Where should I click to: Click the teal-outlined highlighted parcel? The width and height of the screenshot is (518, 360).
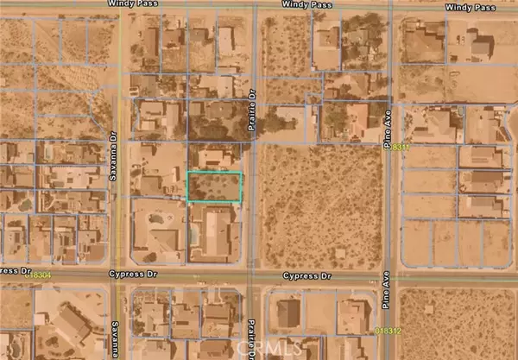(x=215, y=187)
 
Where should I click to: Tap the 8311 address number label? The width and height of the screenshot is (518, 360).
(x=399, y=148)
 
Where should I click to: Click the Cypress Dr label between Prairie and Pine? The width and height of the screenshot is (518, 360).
(x=309, y=276)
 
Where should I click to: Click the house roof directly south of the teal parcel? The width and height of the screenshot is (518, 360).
(x=217, y=233)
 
